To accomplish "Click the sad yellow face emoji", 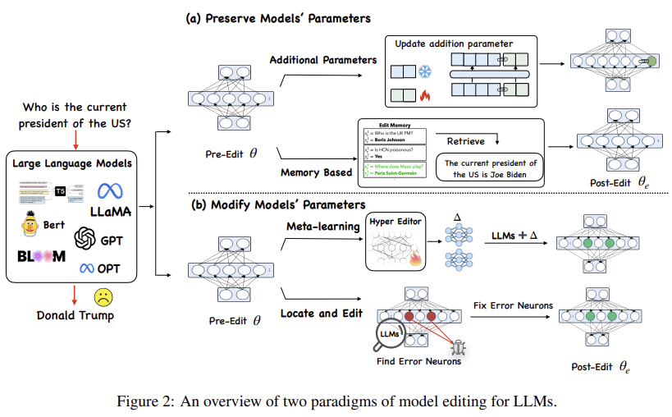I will (103, 297).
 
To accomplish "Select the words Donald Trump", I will (75, 315).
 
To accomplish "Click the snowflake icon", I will (424, 73).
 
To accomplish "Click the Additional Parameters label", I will (322, 59).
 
